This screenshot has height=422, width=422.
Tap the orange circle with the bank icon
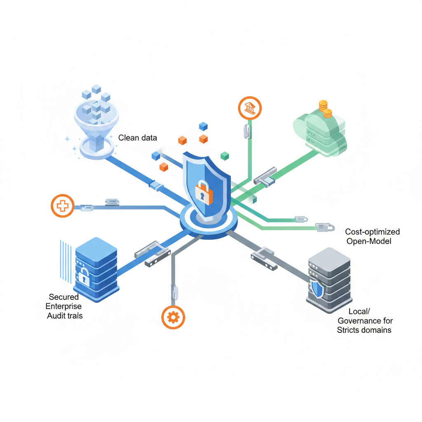tap(250, 108)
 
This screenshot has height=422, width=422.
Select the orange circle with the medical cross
tap(62, 205)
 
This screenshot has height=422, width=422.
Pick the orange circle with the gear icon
tap(173, 317)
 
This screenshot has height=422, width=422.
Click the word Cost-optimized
tap(372, 232)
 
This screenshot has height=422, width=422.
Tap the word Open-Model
tap(368, 241)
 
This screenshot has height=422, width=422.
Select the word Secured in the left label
tap(63, 297)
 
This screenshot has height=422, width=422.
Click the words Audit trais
tap(65, 315)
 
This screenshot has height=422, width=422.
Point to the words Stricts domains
tap(364, 330)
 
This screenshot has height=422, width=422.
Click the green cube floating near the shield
tap(225, 155)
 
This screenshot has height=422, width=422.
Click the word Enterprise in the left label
tap(63, 306)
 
